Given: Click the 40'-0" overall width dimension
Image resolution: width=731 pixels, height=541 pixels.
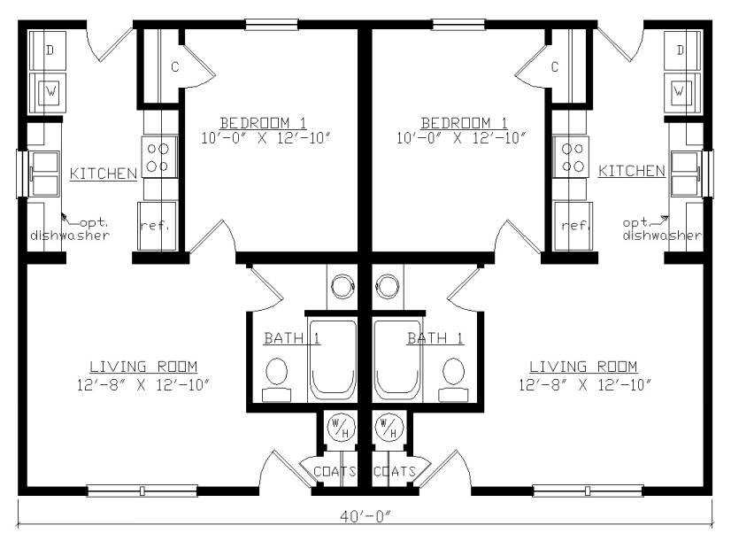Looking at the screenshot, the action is [365, 516].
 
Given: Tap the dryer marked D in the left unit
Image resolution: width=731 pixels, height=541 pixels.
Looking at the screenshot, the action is [48, 50].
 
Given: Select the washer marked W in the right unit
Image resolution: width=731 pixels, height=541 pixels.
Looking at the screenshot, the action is [681, 91].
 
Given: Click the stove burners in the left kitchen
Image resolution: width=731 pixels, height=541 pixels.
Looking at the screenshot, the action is [159, 157].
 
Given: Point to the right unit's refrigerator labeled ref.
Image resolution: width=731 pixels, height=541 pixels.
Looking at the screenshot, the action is [573, 226].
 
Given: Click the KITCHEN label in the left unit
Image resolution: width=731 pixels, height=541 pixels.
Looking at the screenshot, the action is [103, 174].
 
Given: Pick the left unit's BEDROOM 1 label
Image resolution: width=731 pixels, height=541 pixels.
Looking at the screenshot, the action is [264, 123].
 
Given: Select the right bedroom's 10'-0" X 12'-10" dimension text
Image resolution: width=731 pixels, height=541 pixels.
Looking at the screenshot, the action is [462, 138].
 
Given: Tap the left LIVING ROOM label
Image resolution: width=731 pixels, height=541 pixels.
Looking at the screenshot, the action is [143, 367].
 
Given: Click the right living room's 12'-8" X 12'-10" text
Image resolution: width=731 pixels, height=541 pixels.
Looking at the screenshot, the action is [585, 385].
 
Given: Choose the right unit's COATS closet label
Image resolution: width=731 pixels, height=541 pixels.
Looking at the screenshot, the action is [395, 472].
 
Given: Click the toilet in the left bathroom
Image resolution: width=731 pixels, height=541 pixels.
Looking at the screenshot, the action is [276, 379].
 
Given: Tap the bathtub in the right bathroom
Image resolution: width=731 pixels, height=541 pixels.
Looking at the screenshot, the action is [396, 359].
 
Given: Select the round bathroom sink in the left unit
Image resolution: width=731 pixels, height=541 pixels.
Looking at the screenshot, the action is [343, 285].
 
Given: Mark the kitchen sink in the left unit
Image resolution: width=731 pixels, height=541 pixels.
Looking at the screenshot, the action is [44, 173].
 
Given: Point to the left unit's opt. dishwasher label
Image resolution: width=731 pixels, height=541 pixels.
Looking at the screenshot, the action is [70, 229].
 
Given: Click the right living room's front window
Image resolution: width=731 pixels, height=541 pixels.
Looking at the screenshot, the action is [588, 491].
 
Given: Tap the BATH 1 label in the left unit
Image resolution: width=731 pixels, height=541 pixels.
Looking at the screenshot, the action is [292, 338].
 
